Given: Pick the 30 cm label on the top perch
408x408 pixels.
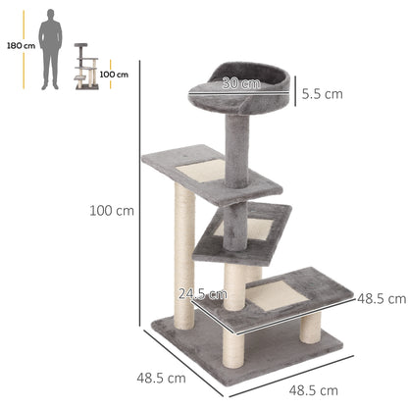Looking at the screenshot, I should pos(235,83).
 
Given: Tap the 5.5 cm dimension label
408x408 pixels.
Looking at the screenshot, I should pos(323,94).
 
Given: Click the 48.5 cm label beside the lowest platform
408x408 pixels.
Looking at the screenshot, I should pos(382,297).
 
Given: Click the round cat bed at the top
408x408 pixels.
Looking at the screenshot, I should pos(238,90).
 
